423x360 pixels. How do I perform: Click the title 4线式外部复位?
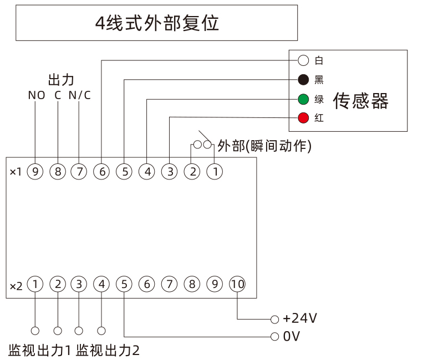(x=157, y=23)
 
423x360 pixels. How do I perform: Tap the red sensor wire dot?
(x=303, y=118)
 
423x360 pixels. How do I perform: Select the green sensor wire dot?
(x=303, y=100)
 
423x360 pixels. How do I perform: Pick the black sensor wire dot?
(x=303, y=80)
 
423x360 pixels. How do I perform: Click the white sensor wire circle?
(x=303, y=60)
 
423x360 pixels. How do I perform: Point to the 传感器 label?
(x=360, y=101)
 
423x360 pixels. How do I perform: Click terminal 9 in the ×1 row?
(x=35, y=172)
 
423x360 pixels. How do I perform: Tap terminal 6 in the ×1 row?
(x=102, y=172)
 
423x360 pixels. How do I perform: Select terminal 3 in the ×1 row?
(x=169, y=172)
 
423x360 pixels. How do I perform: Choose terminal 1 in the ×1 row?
(x=215, y=172)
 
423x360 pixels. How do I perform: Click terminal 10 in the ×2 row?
(x=237, y=285)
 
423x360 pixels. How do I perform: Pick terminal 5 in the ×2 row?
(x=124, y=285)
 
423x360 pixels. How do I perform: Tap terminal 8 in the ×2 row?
(x=192, y=285)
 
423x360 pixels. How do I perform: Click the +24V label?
(x=299, y=319)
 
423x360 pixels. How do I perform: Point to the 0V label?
(x=292, y=336)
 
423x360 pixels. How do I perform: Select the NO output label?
(x=36, y=95)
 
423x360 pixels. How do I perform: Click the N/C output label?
(x=79, y=95)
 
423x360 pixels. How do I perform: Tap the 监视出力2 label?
(x=108, y=351)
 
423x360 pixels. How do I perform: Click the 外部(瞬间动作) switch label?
(x=264, y=146)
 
